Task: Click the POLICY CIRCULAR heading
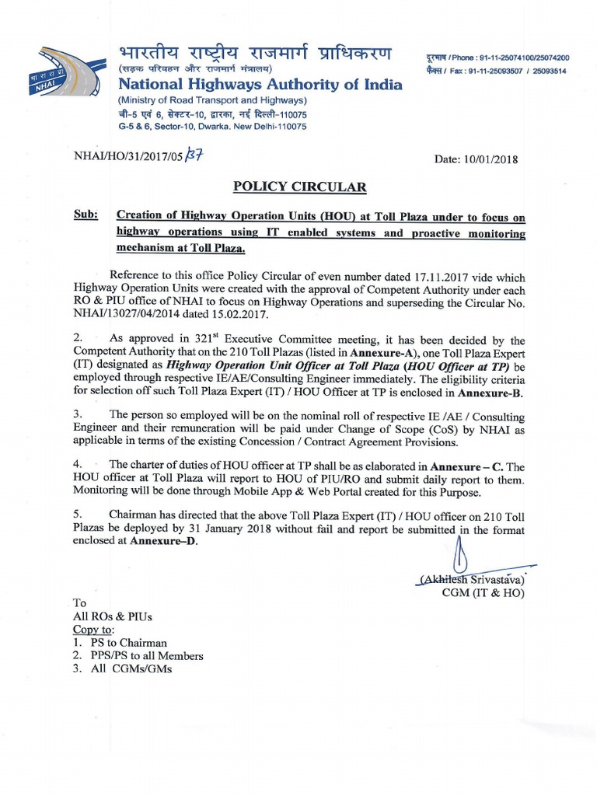299,187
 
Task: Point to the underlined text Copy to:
93,629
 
